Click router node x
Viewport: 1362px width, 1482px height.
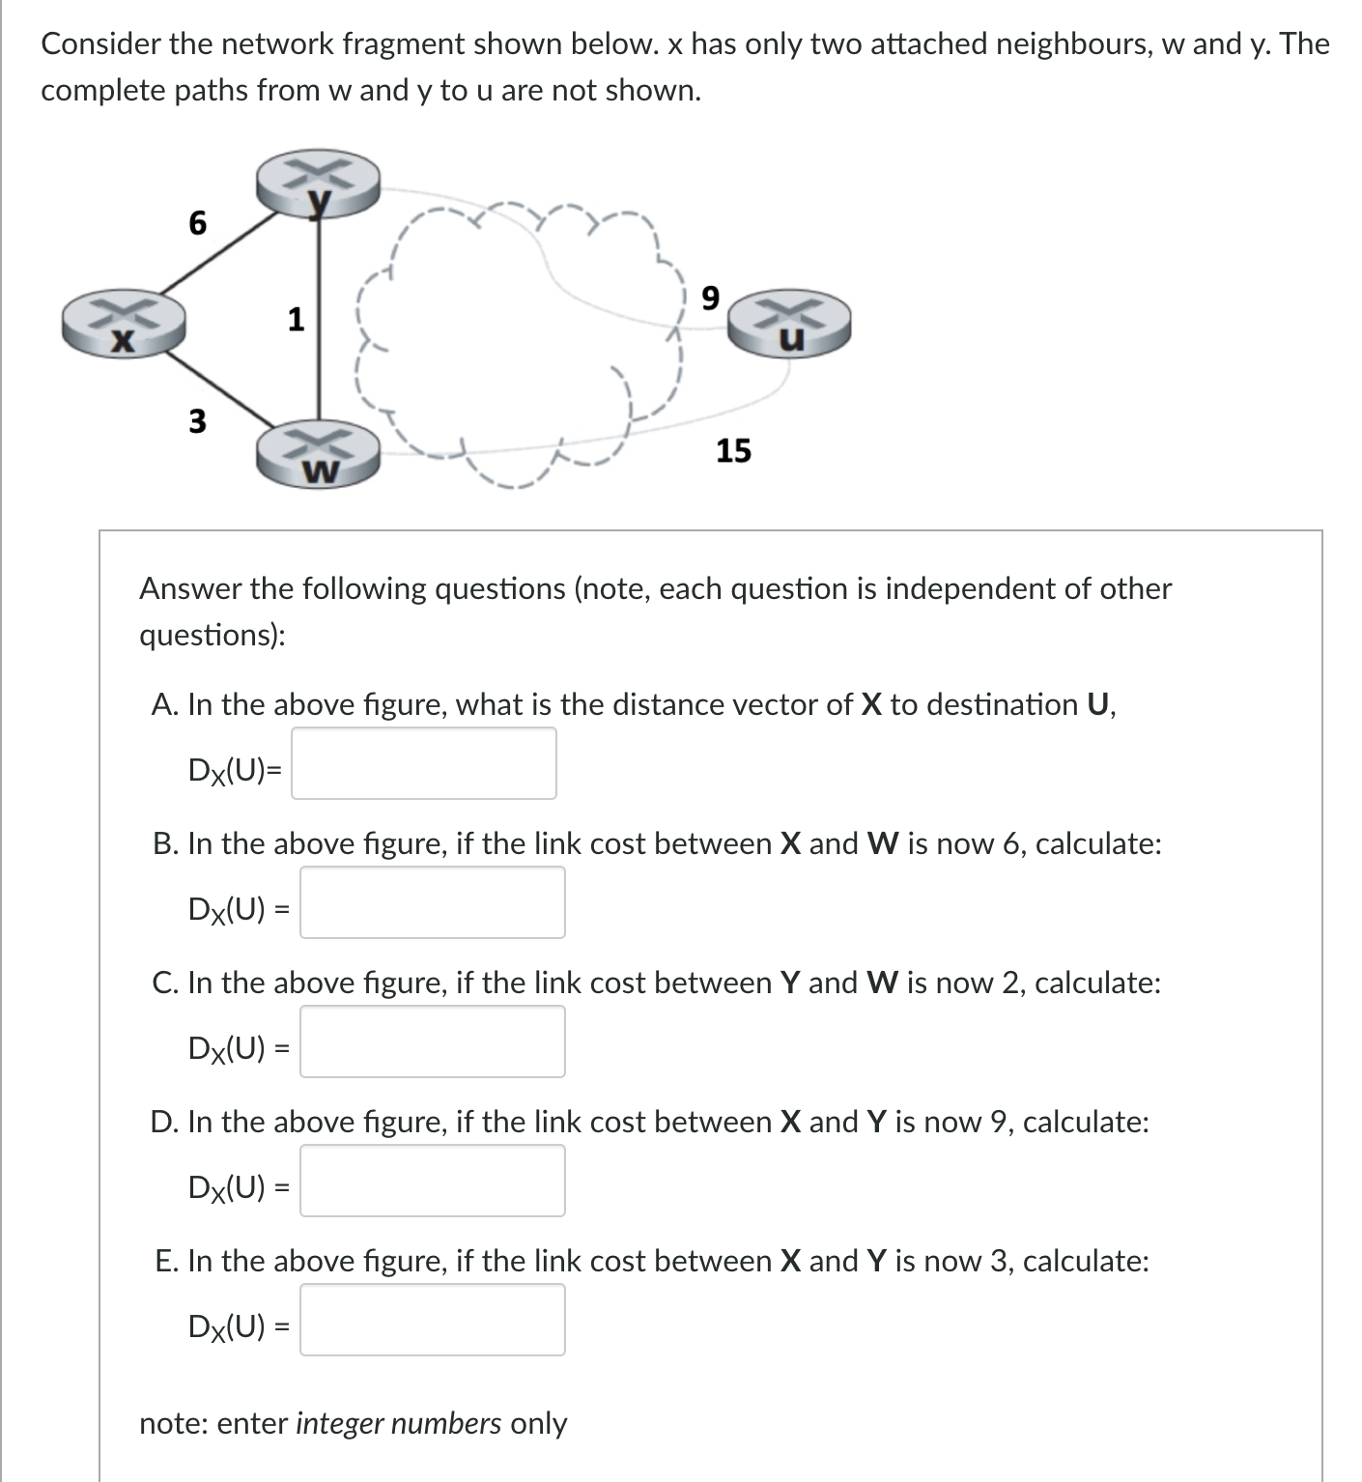click(123, 323)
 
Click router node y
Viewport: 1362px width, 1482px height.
click(318, 184)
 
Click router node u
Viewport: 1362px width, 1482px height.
click(789, 323)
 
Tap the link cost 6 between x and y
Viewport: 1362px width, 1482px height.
click(197, 223)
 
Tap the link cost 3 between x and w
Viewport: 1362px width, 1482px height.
click(197, 421)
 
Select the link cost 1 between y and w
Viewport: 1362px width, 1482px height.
click(296, 319)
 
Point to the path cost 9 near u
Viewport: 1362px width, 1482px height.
click(710, 299)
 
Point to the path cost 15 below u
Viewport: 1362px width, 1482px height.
click(733, 450)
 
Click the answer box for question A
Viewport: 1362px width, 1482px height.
click(424, 763)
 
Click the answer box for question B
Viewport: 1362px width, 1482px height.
click(432, 902)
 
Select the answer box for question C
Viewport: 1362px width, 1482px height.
click(432, 1041)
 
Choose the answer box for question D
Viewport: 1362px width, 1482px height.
click(432, 1181)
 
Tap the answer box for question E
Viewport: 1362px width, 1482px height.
click(432, 1320)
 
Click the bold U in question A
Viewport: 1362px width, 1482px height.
click(1097, 704)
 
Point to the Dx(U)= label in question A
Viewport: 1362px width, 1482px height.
click(235, 770)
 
